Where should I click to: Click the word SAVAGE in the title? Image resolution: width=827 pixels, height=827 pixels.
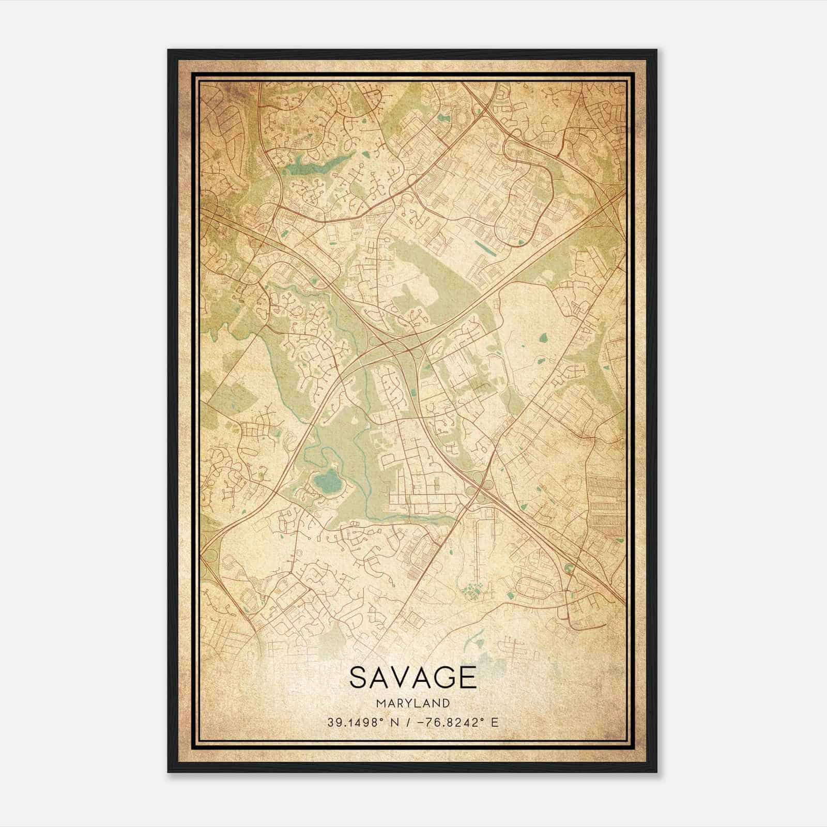[412, 677]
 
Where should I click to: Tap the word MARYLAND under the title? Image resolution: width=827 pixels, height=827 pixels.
[412, 703]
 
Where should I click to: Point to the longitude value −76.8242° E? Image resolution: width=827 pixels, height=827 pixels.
[455, 722]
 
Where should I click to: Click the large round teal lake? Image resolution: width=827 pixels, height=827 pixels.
[328, 483]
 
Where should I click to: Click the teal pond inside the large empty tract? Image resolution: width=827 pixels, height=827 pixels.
[543, 339]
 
